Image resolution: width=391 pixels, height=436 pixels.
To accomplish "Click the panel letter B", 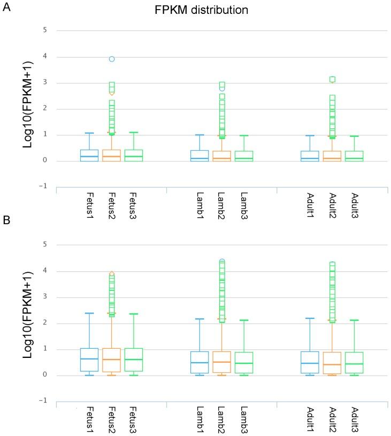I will [7, 220].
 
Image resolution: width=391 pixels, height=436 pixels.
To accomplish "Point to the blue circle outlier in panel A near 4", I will [111, 59].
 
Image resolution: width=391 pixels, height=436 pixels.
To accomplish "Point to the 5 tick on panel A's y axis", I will [45, 30].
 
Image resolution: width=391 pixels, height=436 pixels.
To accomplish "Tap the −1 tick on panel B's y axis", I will [44, 401].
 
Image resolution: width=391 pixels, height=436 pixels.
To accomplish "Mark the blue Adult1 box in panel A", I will [309, 156].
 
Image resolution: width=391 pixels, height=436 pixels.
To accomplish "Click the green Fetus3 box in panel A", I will [134, 155].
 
